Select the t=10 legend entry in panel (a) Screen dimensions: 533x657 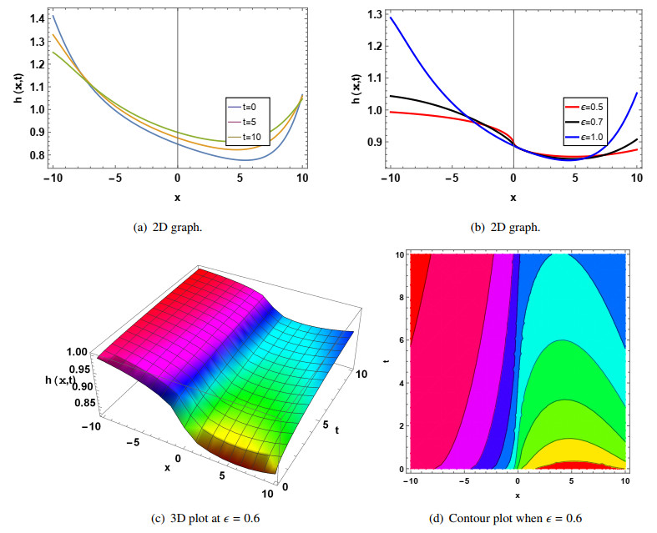[x=245, y=136]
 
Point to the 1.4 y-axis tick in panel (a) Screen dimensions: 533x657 [x=35, y=18]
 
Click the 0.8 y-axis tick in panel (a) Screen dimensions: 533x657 [x=35, y=154]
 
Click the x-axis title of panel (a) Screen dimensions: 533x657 [x=177, y=197]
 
